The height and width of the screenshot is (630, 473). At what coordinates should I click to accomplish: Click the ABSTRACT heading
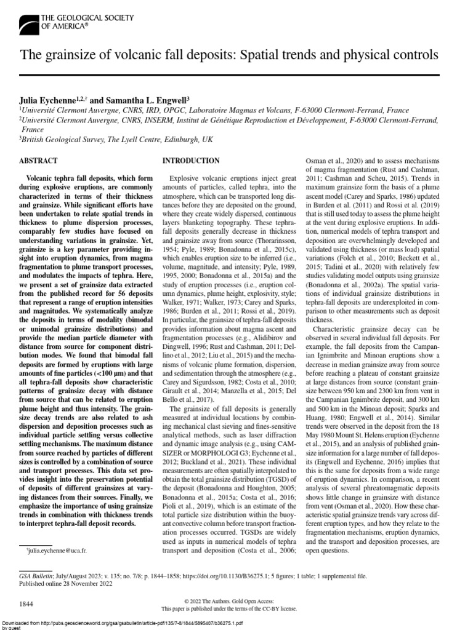pos(39,161)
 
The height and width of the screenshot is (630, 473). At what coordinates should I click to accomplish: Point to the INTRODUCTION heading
pos(190,161)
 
